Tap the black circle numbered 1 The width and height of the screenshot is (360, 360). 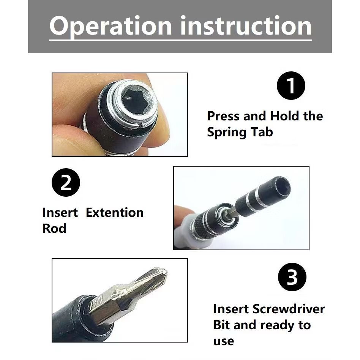pos(291,85)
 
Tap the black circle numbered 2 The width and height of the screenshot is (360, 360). pos(66,182)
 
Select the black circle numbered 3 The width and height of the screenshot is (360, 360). pos(292,277)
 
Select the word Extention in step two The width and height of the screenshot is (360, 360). pos(115,212)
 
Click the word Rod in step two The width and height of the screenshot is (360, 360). pos(54,228)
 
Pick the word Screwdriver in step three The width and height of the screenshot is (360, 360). pos(289,309)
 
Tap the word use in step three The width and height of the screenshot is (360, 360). pos(224,341)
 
